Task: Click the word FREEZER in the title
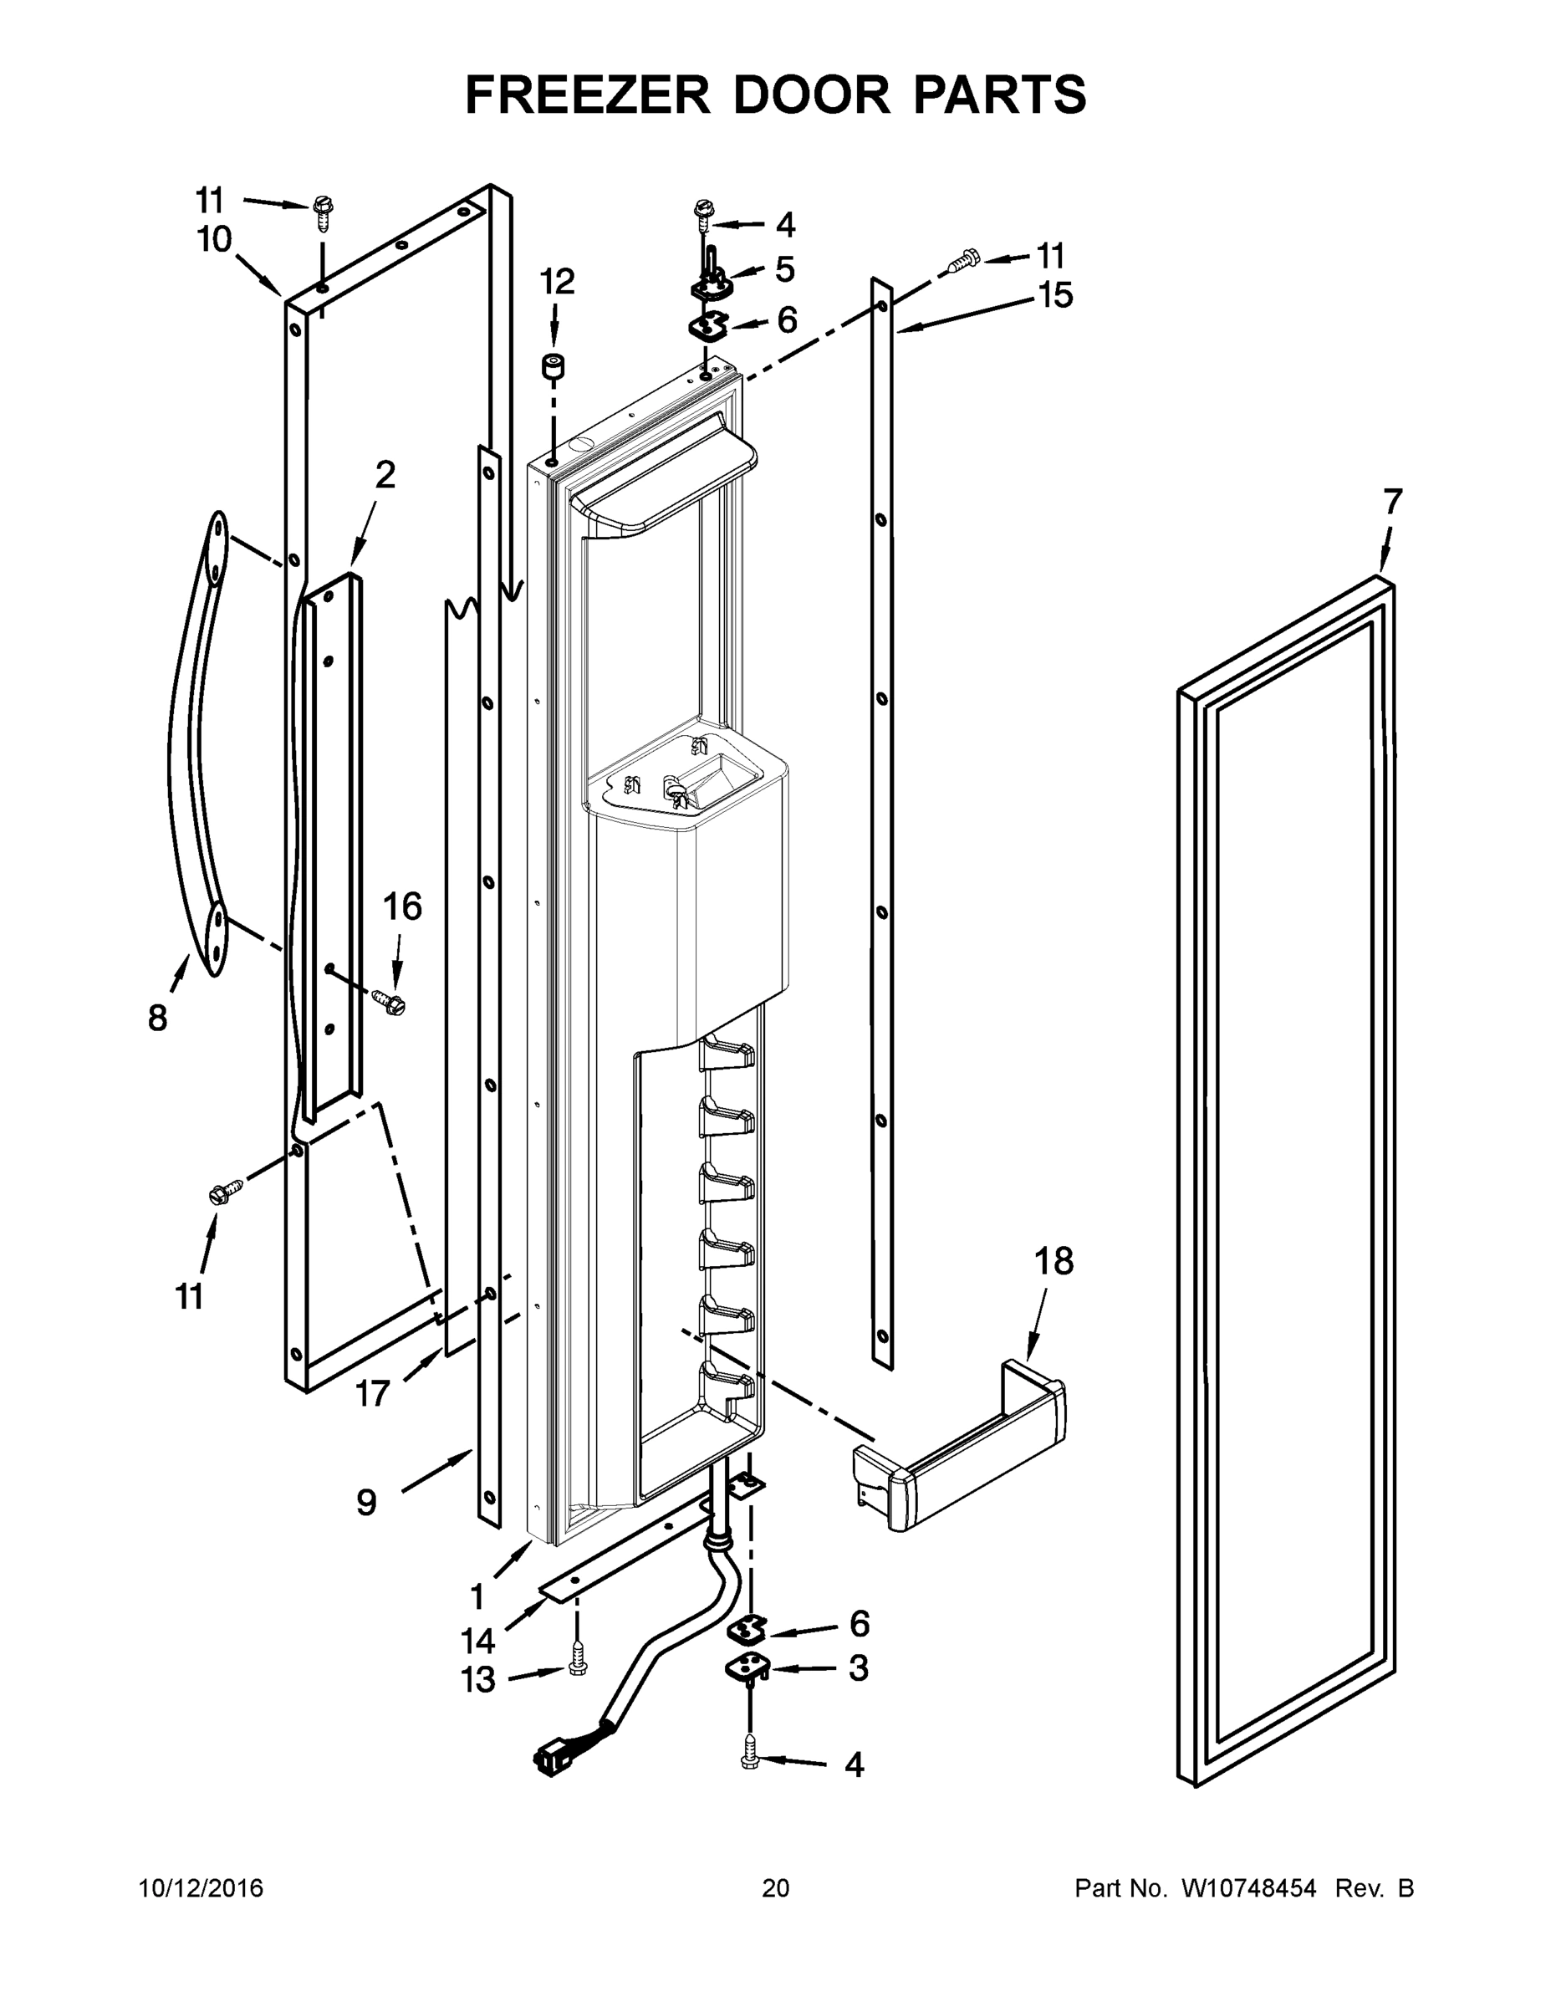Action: click(x=586, y=94)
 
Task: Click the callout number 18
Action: click(x=1054, y=1262)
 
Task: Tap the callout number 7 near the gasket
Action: click(x=1393, y=502)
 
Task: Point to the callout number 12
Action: click(x=557, y=281)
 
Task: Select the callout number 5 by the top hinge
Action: click(x=784, y=269)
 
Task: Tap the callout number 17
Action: click(x=373, y=1394)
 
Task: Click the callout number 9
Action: click(x=365, y=1503)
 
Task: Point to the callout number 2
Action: click(x=385, y=475)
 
